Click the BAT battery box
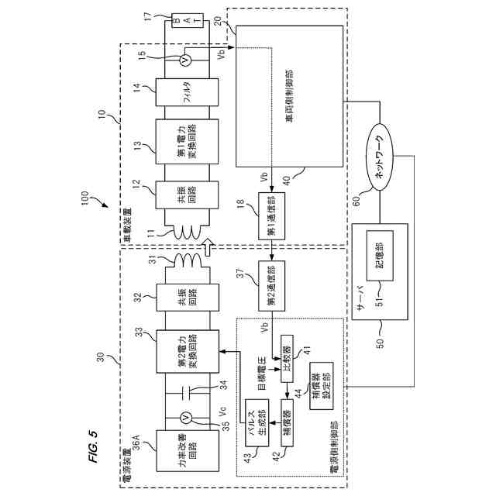tap(188, 20)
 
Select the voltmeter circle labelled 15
tap(186, 60)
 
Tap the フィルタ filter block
tap(187, 92)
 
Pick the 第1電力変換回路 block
tap(187, 141)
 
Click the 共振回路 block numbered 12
tap(187, 195)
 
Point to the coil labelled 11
tap(187, 232)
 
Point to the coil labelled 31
tap(187, 260)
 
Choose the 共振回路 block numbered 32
tap(188, 298)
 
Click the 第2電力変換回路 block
tap(188, 351)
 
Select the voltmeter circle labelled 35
tap(186, 418)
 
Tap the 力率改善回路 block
tap(188, 451)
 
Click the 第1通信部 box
tap(272, 216)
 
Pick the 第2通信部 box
tap(272, 286)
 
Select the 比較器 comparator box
tap(287, 359)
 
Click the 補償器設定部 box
tap(322, 386)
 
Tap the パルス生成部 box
tap(257, 423)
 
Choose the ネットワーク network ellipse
tap(380, 157)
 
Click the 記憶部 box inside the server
tap(380, 256)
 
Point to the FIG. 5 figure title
tap(94, 446)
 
